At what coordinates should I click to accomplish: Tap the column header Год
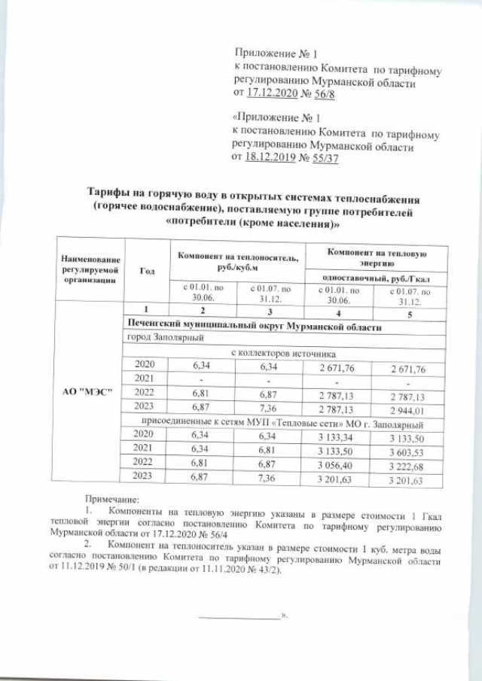tap(148, 270)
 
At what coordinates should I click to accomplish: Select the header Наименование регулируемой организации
tap(90, 270)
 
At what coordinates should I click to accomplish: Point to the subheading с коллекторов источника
tap(282, 352)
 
